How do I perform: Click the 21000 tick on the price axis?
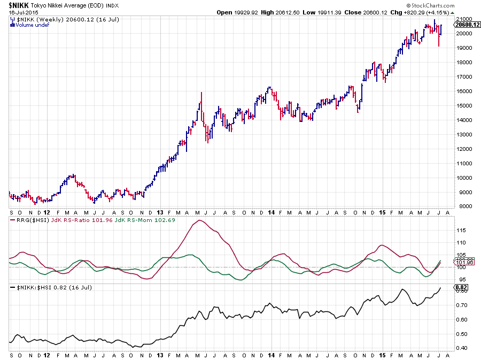[x=462, y=19]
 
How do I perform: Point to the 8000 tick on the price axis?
[x=460, y=206]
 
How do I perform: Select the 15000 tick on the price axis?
[x=462, y=105]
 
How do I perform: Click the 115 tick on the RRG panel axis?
[x=460, y=231]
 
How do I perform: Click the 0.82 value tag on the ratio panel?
[x=460, y=288]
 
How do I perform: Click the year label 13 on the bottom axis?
[x=161, y=355]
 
